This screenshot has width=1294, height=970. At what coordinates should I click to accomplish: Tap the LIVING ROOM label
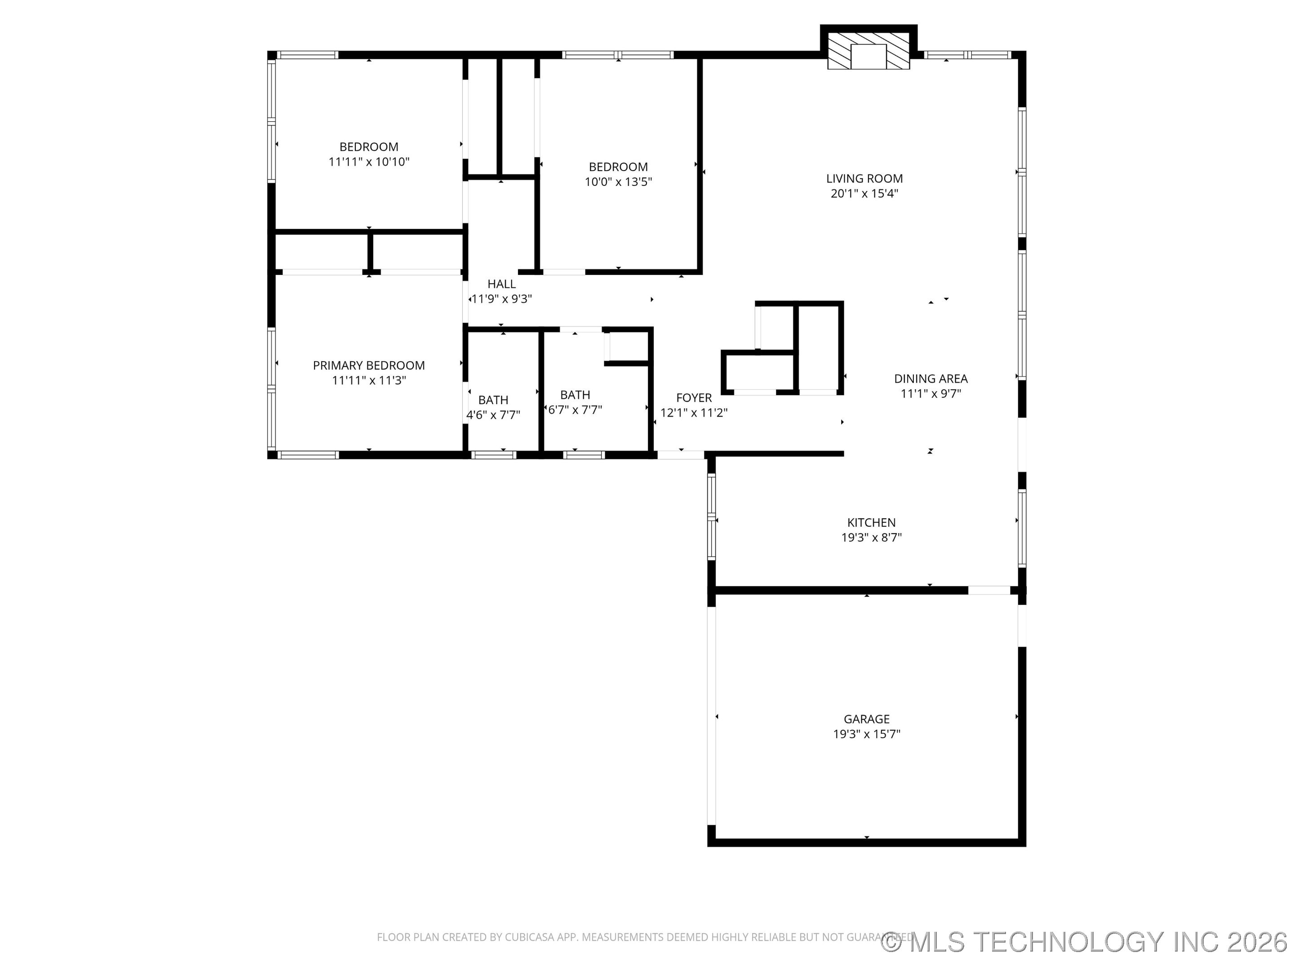tap(864, 178)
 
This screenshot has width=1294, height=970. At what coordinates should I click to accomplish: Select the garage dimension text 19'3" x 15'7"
tap(866, 734)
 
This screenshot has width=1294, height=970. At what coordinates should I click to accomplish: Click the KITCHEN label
tap(871, 522)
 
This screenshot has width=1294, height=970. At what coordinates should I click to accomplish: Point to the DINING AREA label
tap(930, 378)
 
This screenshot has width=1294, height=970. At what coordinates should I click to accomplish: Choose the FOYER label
tap(694, 397)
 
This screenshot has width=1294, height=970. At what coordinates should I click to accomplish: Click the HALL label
tap(501, 283)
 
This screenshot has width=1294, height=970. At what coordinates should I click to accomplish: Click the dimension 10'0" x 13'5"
tap(618, 182)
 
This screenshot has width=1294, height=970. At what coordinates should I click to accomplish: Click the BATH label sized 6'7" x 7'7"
tap(575, 395)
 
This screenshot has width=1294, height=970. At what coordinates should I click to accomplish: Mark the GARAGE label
tap(866, 719)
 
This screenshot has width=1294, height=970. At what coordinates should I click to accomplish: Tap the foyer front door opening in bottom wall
tap(681, 454)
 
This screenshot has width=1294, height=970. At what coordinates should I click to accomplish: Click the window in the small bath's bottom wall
tap(493, 454)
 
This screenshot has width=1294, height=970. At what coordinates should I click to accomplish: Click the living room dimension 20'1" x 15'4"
tap(864, 194)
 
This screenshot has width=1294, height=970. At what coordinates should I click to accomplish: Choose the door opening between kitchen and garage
tap(988, 591)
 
